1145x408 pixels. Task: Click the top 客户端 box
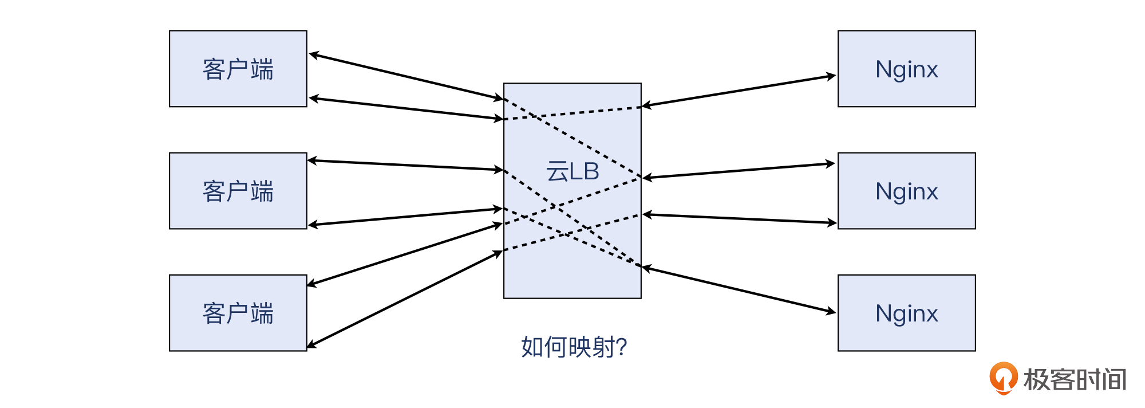[238, 69]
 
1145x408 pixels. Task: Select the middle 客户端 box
[238, 191]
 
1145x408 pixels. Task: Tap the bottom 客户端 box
[238, 313]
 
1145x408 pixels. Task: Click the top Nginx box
[907, 69]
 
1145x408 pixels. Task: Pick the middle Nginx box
[907, 191]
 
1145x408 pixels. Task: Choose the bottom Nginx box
[907, 313]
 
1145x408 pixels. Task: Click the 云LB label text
[572, 171]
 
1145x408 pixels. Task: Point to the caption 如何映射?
[574, 347]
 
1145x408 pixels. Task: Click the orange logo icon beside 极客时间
[1004, 378]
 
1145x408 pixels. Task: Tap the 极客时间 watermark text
[1075, 379]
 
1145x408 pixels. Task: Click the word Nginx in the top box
[907, 70]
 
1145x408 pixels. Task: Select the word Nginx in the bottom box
[907, 314]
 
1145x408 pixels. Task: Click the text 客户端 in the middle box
[238, 191]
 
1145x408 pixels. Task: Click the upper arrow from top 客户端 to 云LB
[406, 77]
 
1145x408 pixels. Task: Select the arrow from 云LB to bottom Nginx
[739, 289]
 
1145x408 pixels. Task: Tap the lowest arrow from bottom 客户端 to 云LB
[405, 299]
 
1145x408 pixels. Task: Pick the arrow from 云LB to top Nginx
[739, 91]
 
